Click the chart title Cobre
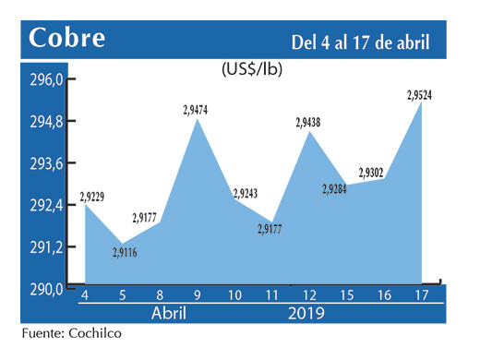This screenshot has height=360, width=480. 67,39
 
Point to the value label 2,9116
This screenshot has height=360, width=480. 122,253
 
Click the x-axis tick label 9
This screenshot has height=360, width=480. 198,294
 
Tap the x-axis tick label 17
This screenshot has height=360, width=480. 421,294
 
